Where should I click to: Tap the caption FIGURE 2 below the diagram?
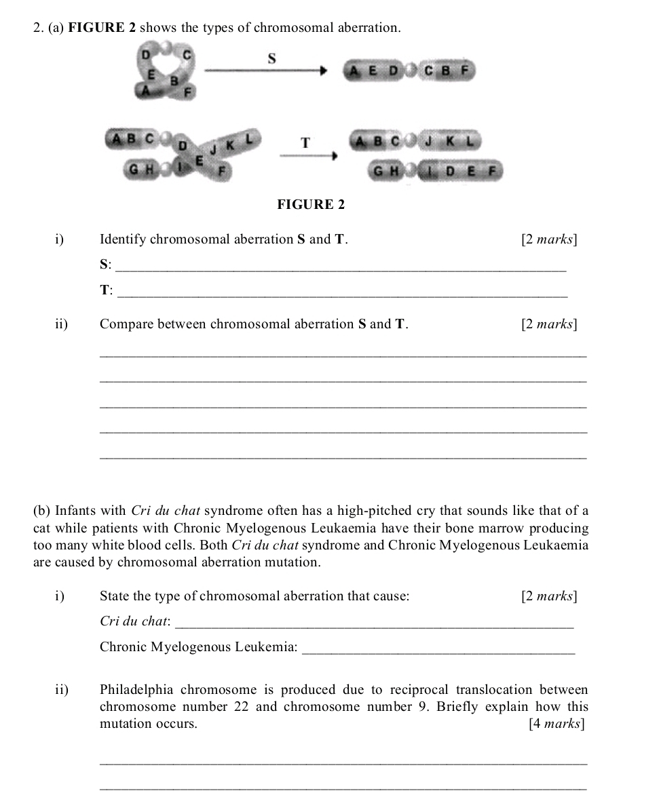311,204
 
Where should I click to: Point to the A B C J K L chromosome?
415,142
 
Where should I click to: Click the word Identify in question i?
123,239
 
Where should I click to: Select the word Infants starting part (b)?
74,511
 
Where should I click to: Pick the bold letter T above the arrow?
305,143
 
